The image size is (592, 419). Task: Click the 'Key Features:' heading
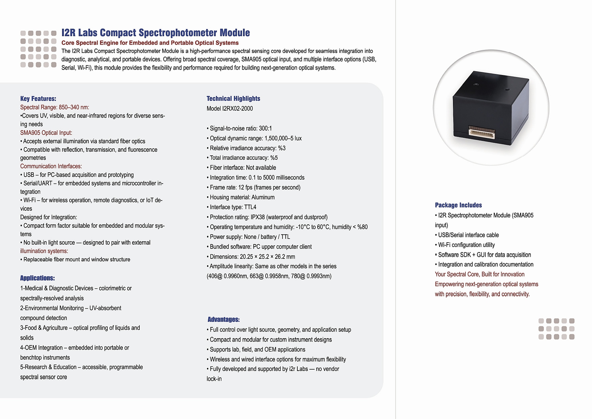38,99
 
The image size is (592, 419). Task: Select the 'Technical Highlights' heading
233,99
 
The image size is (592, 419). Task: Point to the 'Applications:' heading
37,278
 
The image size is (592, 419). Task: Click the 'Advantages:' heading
223,319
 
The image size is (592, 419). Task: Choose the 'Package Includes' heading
458,205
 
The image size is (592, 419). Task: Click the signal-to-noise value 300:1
265,128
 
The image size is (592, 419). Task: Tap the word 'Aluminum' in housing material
263,197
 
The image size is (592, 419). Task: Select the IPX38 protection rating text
258,217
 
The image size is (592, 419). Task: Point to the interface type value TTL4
250,207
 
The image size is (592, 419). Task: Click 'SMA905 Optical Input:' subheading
46,133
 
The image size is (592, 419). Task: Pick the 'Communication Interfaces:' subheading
51,166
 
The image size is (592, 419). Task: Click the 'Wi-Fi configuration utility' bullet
466,245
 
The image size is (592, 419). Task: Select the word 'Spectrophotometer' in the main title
178,33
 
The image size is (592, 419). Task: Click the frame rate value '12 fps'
245,188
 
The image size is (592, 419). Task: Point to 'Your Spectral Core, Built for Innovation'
480,274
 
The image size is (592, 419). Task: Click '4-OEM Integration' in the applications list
42,348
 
